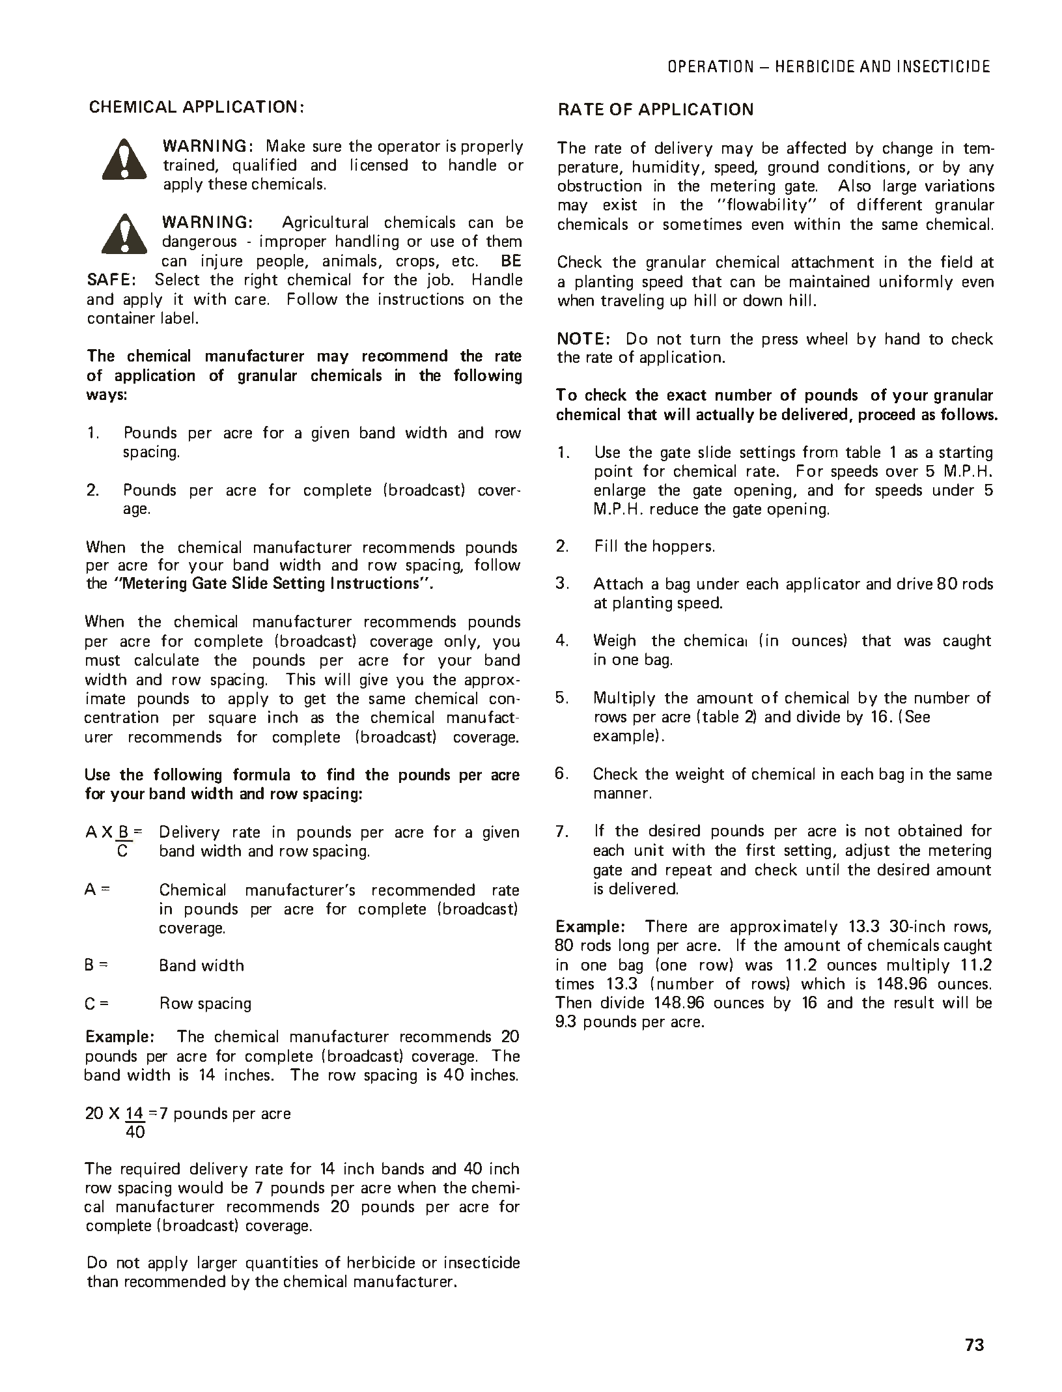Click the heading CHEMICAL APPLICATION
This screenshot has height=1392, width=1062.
[196, 107]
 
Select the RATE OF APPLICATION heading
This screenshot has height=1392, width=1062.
[655, 109]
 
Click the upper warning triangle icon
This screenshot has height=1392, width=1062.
[124, 160]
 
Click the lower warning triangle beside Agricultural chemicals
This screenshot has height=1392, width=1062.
[124, 234]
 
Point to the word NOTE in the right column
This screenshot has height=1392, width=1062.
[581, 339]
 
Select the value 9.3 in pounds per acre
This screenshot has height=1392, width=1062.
[566, 1021]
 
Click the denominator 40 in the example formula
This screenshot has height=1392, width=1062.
[135, 1131]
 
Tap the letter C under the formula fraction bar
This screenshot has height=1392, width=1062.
[122, 851]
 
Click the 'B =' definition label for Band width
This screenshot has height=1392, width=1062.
[96, 965]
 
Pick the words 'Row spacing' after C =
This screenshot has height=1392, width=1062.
[205, 1003]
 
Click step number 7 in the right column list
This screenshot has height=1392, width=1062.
[563, 831]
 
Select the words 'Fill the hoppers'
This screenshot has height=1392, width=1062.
[654, 547]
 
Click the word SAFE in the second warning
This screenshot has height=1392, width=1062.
[108, 280]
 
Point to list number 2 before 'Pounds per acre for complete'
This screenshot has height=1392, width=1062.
[92, 490]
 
